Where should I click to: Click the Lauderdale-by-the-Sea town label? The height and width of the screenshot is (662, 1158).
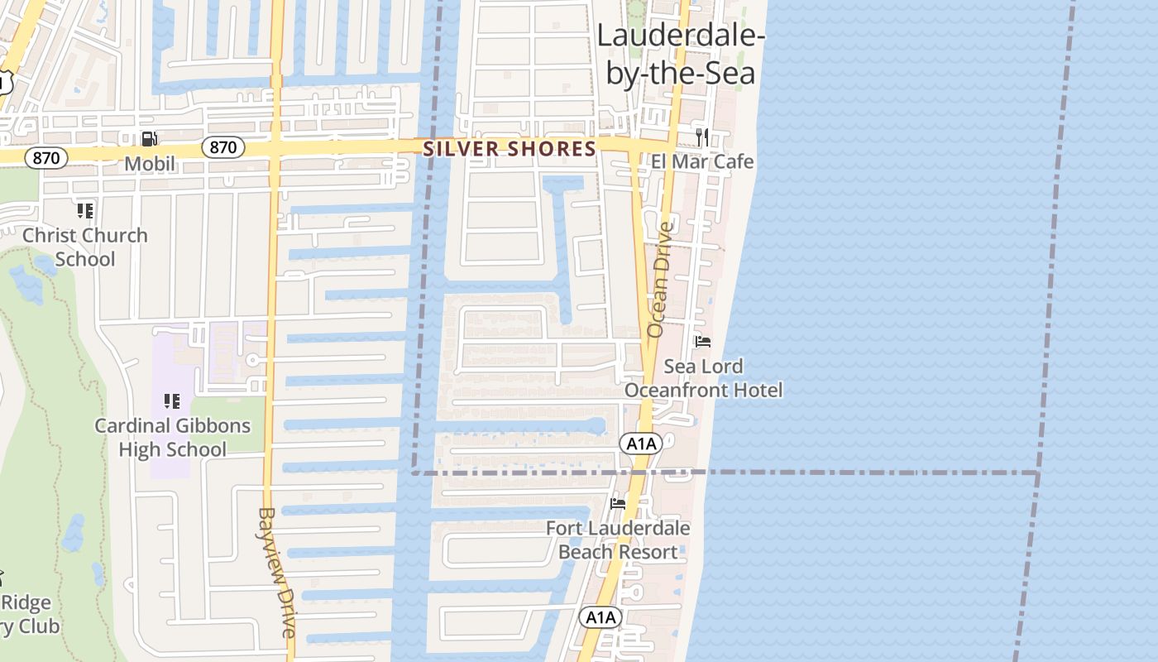[x=681, y=55]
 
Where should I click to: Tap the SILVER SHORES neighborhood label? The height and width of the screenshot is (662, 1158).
[x=510, y=149]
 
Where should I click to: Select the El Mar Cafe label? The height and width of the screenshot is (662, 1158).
[x=702, y=161]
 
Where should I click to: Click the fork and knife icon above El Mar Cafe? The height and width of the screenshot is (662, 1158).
[x=702, y=137]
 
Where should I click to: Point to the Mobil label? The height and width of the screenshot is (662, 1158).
[x=150, y=164]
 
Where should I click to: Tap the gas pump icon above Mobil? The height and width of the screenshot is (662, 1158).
[x=150, y=139]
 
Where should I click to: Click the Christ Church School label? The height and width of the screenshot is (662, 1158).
[x=85, y=247]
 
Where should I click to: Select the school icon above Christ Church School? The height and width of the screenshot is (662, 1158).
[x=85, y=211]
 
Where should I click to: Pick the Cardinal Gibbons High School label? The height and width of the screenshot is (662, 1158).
[x=172, y=438]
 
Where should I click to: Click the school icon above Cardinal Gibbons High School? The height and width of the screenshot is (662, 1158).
[x=172, y=402]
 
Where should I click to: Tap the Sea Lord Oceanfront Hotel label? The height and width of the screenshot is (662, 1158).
[x=703, y=377]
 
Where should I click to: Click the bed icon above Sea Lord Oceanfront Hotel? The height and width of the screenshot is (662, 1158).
[x=703, y=341]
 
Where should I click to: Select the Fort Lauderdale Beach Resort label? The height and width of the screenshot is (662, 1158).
[x=618, y=540]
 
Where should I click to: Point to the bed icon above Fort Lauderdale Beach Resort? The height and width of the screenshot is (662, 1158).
[x=617, y=503]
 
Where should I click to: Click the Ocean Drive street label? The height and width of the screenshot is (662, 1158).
[x=660, y=279]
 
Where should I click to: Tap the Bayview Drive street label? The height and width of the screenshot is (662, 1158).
[x=276, y=571]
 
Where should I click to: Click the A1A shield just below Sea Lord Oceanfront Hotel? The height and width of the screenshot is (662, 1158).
[x=641, y=444]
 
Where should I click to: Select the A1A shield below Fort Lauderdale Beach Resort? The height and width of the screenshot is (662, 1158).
[x=600, y=617]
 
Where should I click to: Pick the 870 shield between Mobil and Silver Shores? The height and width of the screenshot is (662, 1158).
[x=223, y=148]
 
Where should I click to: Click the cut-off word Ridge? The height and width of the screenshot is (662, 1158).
[x=26, y=602]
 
